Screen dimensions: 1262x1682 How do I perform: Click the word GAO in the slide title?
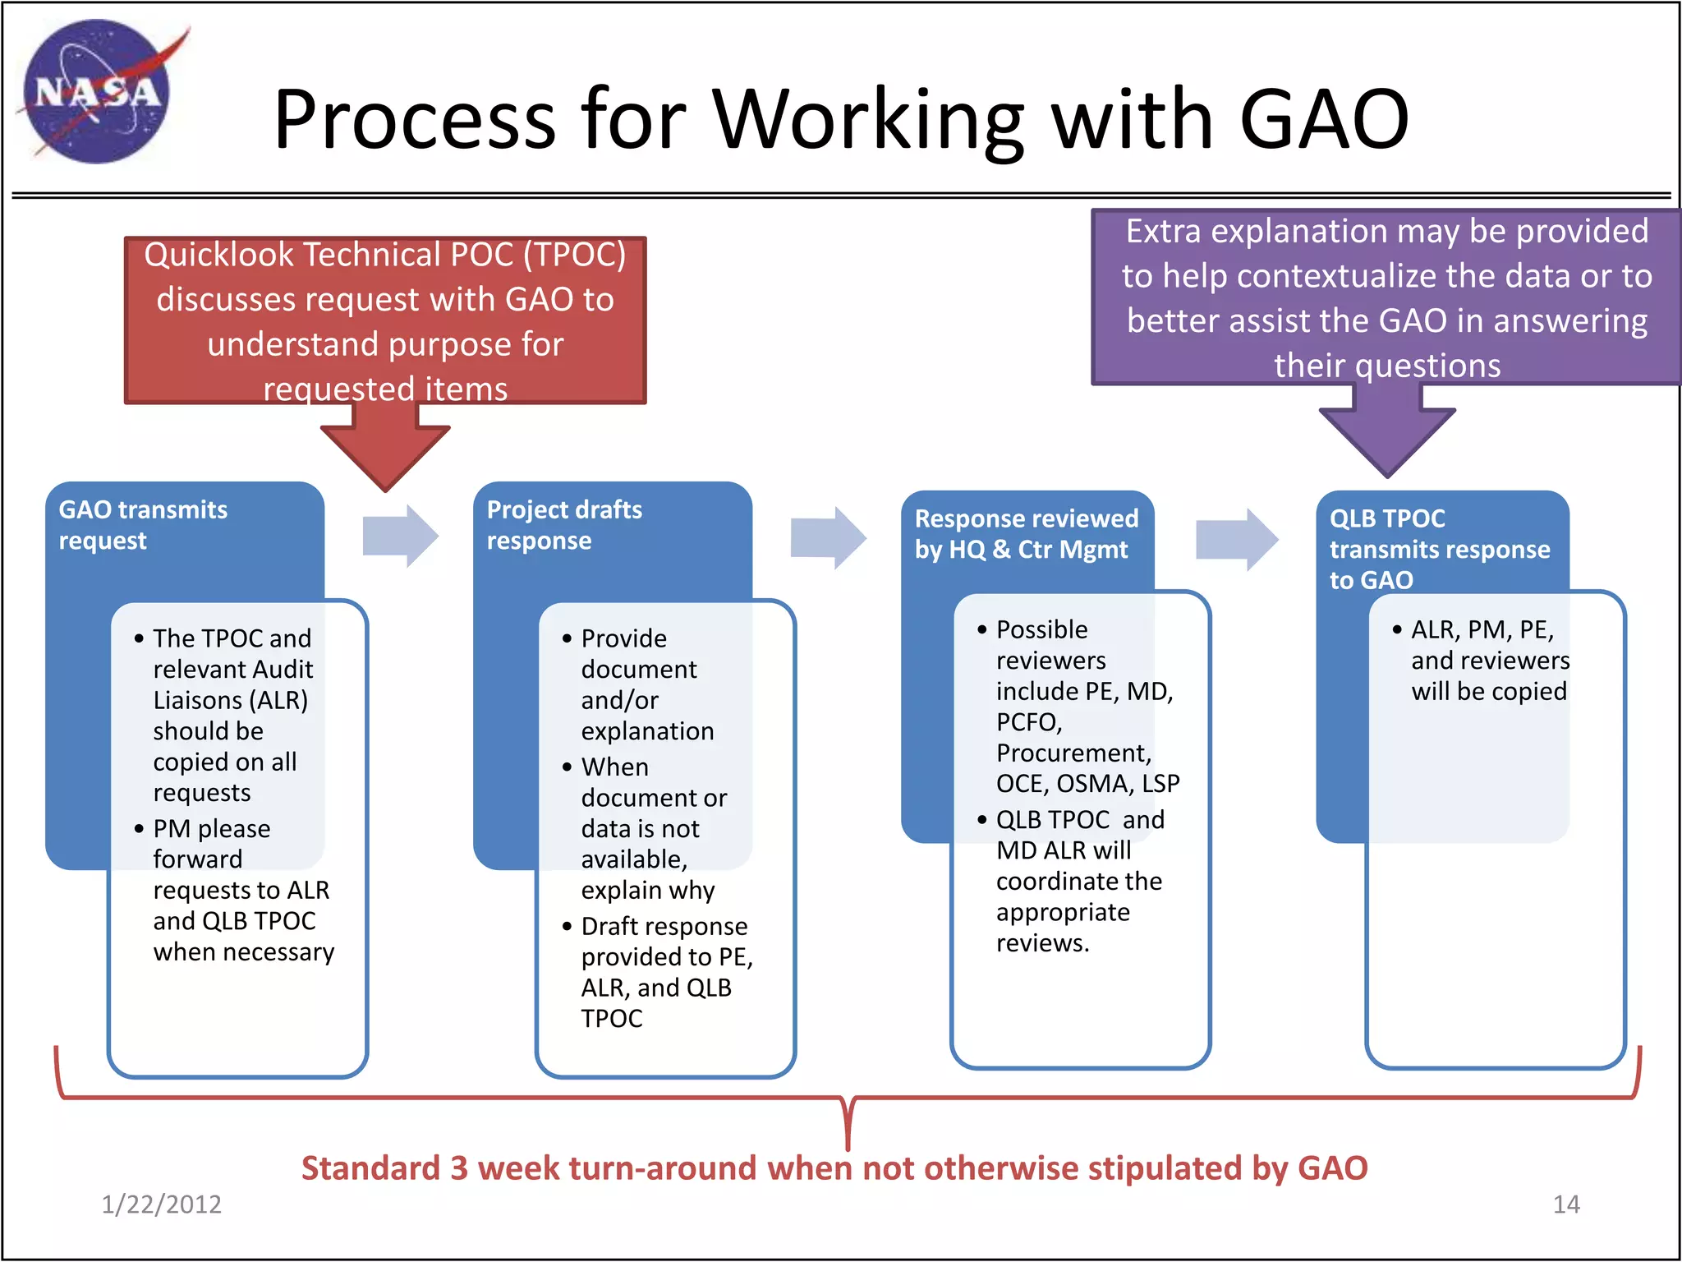[1324, 121]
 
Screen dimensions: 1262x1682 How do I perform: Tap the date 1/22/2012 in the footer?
[161, 1204]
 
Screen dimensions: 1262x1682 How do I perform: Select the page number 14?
[1566, 1204]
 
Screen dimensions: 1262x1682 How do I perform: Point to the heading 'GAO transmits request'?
[143, 525]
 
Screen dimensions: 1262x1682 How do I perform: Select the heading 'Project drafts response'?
[564, 525]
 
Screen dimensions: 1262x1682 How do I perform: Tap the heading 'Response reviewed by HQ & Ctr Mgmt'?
[1026, 534]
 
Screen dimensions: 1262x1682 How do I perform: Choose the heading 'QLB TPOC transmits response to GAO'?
[1439, 549]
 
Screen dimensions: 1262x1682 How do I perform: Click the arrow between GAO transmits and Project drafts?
[401, 537]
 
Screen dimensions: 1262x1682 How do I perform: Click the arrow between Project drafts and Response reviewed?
[828, 538]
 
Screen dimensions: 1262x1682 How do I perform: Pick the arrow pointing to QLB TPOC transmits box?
[1236, 539]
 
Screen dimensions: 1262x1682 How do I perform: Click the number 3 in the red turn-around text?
[459, 1168]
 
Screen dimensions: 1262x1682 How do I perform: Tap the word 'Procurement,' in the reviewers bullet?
[1073, 753]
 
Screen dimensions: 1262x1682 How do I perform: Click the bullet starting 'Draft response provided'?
[664, 927]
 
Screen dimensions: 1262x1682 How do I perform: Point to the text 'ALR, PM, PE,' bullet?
[1482, 630]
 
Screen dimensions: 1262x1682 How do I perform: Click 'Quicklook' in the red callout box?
[219, 255]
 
